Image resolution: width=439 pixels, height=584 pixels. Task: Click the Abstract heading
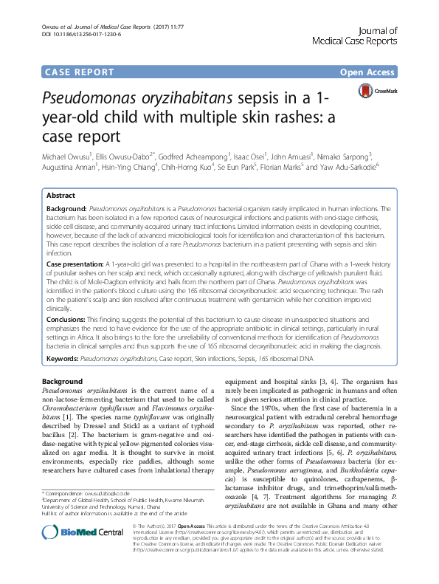[61, 196]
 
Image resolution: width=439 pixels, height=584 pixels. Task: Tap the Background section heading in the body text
[63, 380]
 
